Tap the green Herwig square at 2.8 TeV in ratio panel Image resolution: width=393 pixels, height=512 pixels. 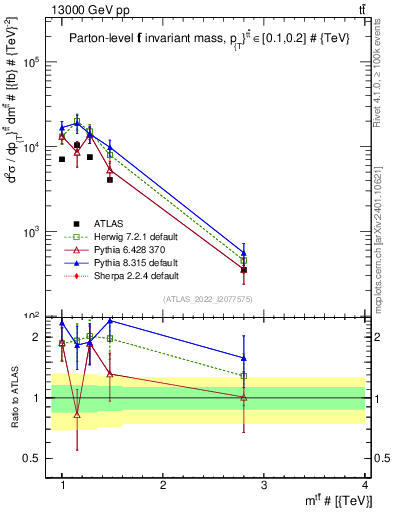point(244,376)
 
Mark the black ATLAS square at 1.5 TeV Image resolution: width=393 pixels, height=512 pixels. point(110,180)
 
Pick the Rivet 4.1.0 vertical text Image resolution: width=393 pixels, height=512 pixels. point(385,70)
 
